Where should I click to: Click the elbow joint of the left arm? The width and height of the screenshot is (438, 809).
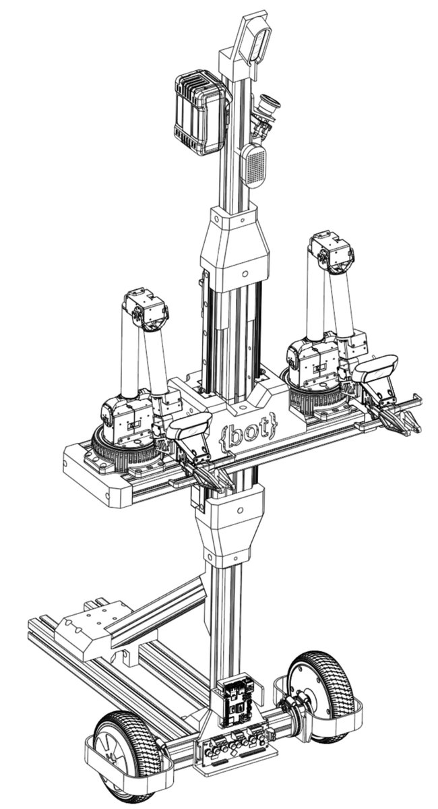click(146, 309)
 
